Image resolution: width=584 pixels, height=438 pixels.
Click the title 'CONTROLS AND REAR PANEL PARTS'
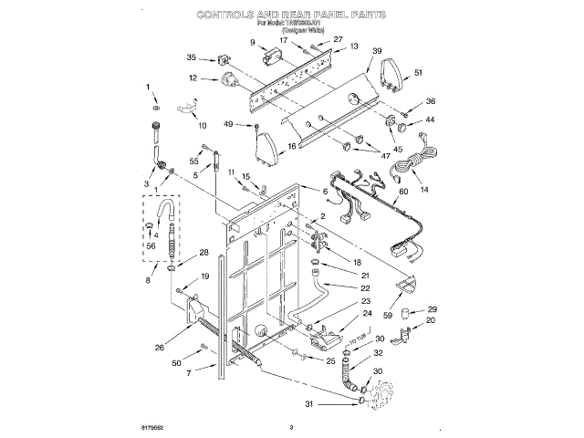(x=292, y=16)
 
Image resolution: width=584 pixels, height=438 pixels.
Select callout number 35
(x=192, y=57)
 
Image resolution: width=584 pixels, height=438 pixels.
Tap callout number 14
(x=423, y=190)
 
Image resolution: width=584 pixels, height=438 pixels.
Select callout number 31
(x=308, y=404)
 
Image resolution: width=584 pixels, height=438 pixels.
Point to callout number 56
(x=151, y=245)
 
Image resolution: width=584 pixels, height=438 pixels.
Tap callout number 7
(x=188, y=373)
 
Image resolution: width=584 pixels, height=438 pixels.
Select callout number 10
(x=202, y=125)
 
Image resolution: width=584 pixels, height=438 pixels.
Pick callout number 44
(x=431, y=120)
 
